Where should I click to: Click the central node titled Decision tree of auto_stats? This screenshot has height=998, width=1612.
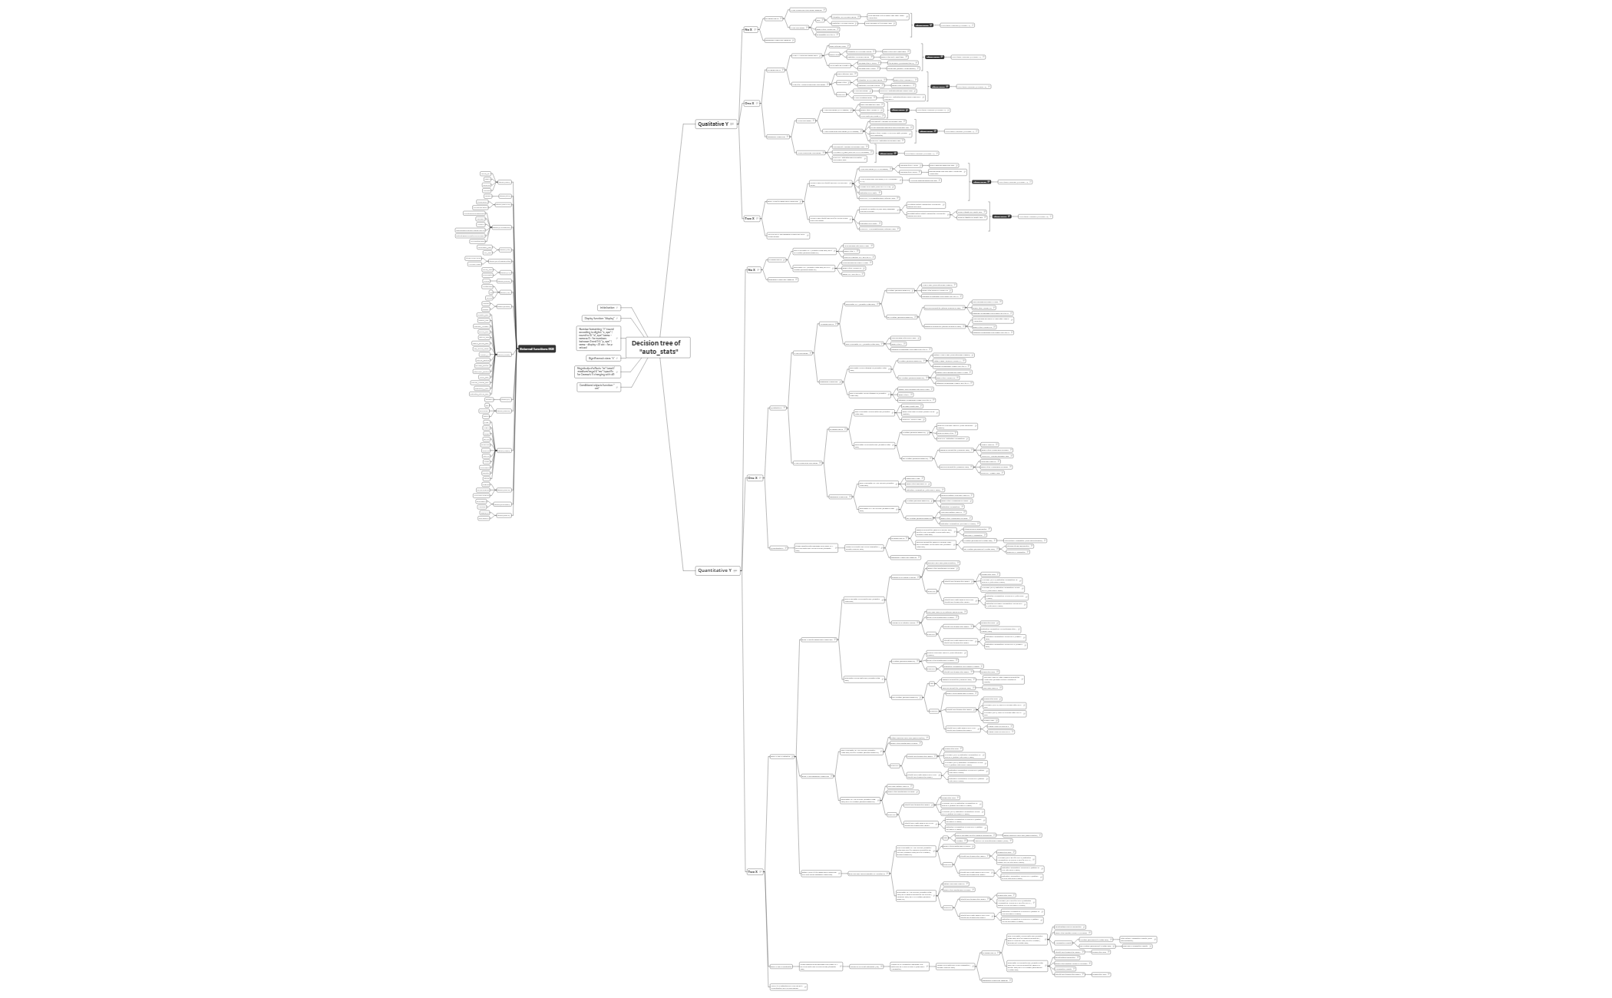(x=658, y=347)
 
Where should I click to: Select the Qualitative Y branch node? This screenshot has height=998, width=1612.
(x=713, y=124)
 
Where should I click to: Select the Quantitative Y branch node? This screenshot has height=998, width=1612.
(x=714, y=570)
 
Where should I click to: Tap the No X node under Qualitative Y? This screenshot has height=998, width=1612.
(x=748, y=30)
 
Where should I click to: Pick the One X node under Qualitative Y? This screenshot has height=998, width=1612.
(x=749, y=103)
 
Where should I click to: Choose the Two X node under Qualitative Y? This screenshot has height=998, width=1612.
(x=749, y=218)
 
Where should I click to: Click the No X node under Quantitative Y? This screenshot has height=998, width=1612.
(x=751, y=269)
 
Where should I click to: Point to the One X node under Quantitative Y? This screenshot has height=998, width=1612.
(x=752, y=478)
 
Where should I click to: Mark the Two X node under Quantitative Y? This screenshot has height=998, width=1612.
(x=752, y=872)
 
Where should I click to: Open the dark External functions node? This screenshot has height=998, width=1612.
(x=537, y=349)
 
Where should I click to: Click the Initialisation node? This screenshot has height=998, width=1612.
(x=606, y=308)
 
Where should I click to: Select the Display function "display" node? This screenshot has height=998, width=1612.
(x=600, y=318)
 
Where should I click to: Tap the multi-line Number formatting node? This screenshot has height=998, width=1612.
(x=596, y=338)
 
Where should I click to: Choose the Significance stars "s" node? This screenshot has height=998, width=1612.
(x=601, y=358)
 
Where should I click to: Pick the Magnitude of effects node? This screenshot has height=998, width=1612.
(x=596, y=372)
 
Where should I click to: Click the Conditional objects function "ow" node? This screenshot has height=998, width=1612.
(x=596, y=386)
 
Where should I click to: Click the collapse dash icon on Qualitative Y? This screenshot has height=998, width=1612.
(x=734, y=124)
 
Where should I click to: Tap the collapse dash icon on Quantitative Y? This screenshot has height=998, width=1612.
(x=736, y=570)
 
